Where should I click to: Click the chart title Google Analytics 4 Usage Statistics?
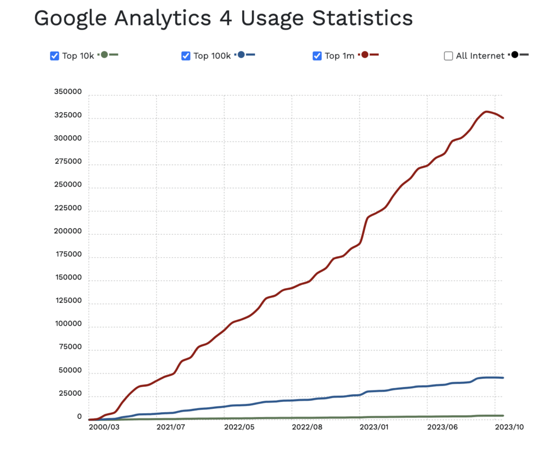[x=223, y=18]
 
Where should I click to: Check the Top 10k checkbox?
[x=54, y=55]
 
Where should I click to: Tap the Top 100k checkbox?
[x=185, y=55]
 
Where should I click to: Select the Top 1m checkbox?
[x=317, y=55]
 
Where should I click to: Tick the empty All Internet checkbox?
[x=448, y=55]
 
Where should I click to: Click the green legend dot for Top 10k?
[x=104, y=55]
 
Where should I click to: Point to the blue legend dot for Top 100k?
[x=242, y=55]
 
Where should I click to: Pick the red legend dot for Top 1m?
[x=365, y=55]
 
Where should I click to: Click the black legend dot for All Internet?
[x=515, y=55]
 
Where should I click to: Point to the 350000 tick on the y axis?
[x=67, y=92]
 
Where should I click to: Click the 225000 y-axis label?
[x=67, y=208]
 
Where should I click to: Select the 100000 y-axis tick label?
[x=67, y=324]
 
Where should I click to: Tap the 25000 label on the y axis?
[x=70, y=394]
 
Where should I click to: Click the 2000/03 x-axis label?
[x=103, y=427]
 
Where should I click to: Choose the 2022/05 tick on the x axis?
[x=239, y=427]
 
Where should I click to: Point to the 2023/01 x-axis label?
[x=374, y=427]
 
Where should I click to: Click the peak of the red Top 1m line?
[x=486, y=111]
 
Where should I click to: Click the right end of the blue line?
[x=503, y=378]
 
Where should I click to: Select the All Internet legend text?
[x=480, y=56]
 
